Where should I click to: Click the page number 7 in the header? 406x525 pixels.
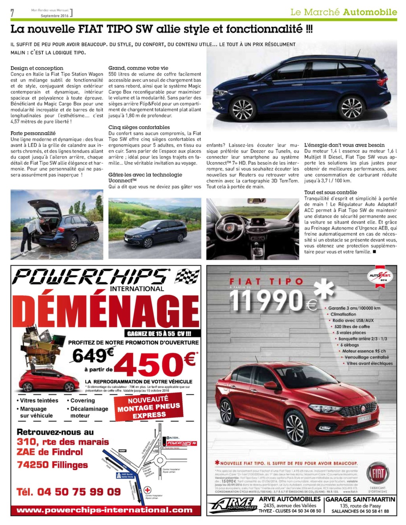coord(12,13)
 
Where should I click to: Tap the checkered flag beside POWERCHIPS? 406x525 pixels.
coord(186,276)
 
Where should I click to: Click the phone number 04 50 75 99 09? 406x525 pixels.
coord(69,492)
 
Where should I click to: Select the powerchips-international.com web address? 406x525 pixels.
coord(104,510)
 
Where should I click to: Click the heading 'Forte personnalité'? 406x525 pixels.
coord(33,133)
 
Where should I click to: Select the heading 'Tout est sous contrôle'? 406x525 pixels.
coord(330,192)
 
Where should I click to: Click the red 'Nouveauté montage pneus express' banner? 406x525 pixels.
coord(149,407)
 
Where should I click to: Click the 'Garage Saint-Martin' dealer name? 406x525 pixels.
coord(360,499)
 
